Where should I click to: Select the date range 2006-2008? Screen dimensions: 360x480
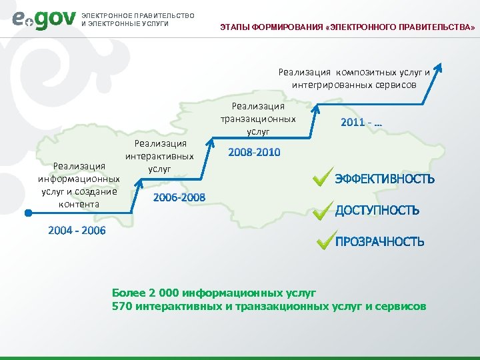[179, 197]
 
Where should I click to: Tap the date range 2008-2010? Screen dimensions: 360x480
[254, 153]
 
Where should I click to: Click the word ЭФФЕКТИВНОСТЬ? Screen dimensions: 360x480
[385, 179]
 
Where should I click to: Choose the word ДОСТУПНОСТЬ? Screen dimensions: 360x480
[377, 211]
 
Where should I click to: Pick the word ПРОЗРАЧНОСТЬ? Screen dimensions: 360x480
[379, 241]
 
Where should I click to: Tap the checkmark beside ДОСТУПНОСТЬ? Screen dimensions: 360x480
[323, 210]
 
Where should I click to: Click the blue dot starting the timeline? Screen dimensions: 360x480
[29, 213]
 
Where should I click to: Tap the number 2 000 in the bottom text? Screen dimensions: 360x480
[158, 292]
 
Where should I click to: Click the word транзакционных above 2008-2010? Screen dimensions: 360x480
[258, 119]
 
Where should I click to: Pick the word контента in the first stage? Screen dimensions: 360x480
[79, 203]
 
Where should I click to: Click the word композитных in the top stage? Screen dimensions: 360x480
[365, 72]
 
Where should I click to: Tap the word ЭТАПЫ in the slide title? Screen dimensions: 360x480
[235, 27]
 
